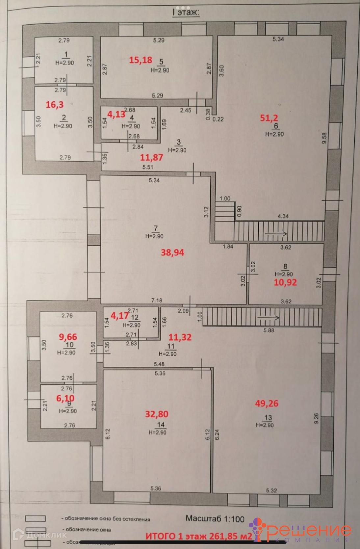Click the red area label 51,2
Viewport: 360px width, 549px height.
point(269,118)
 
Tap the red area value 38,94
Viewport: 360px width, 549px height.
point(172,252)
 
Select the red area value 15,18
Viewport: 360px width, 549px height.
point(141,60)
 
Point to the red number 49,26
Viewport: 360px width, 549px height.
point(267,403)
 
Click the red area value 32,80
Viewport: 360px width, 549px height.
point(157,414)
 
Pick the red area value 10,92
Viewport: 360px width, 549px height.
point(285,282)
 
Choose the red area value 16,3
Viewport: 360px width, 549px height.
point(55,105)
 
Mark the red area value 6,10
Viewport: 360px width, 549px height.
point(65,398)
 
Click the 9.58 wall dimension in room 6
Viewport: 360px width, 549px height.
point(324,138)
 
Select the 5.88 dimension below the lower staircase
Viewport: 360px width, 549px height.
point(269,330)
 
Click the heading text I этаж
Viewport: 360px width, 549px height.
point(186,13)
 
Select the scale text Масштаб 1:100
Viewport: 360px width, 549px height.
point(215,519)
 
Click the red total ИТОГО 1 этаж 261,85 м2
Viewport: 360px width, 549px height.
point(199,536)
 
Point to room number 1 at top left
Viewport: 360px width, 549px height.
point(66,54)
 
